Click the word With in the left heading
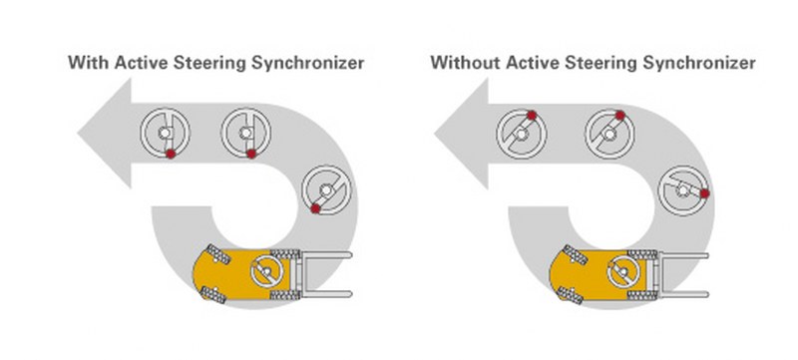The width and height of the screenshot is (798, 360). [89, 62]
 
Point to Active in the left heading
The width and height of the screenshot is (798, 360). [141, 62]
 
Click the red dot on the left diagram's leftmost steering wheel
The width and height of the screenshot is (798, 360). [171, 154]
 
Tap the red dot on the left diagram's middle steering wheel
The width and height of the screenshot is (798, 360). [251, 154]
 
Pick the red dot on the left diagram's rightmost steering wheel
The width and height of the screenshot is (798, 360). [315, 208]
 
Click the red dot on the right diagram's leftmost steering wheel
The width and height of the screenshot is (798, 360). [532, 116]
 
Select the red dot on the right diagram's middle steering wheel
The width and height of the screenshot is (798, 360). [619, 116]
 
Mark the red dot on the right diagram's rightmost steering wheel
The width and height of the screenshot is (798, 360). [705, 193]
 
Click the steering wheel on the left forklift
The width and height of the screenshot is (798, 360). [266, 270]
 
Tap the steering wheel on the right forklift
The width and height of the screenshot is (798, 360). [623, 270]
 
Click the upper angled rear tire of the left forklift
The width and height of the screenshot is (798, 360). [218, 254]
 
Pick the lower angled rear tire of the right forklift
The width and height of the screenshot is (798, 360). [570, 295]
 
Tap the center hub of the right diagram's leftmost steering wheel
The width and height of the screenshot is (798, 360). [520, 135]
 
